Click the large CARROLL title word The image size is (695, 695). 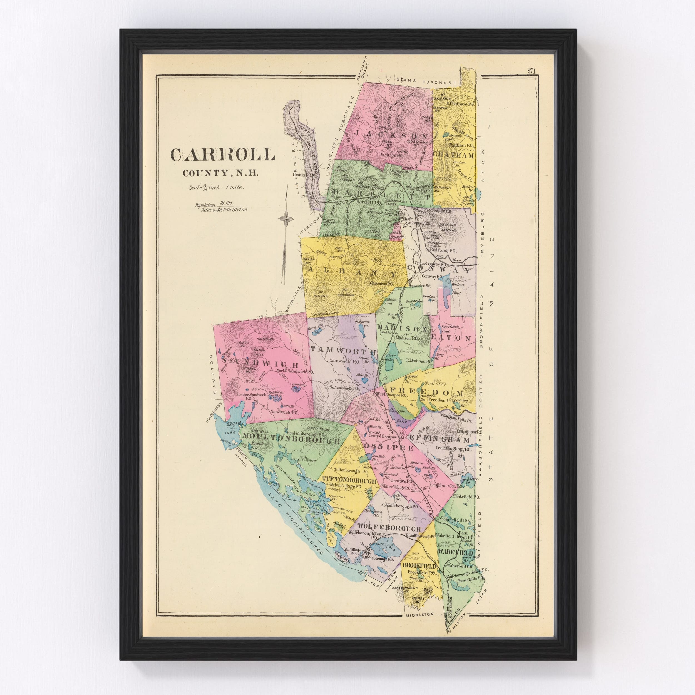point(222,154)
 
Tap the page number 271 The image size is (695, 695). point(531,71)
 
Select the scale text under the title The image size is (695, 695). point(217,187)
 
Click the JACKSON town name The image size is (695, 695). point(391,136)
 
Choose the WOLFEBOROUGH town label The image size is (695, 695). point(389,528)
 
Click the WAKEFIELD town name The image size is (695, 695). point(455,552)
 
